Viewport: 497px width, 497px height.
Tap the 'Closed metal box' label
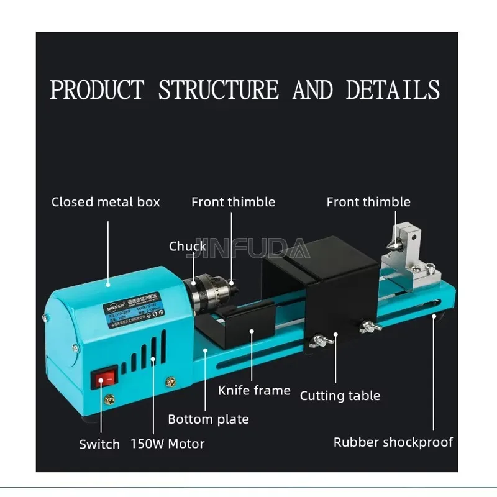(x=106, y=202)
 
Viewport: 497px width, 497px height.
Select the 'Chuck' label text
(x=187, y=247)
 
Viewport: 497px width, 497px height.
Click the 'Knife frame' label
(x=254, y=391)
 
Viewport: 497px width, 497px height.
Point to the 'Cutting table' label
(x=340, y=396)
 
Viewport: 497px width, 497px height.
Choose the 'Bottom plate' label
(x=208, y=419)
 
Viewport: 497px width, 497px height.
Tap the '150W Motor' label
(x=167, y=444)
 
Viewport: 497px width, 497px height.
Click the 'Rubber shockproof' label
(x=393, y=442)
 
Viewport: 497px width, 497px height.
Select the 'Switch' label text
(x=99, y=444)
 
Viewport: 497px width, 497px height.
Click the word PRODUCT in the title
(x=97, y=90)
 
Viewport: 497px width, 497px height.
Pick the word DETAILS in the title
(x=393, y=90)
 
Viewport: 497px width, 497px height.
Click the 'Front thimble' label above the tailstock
(x=368, y=202)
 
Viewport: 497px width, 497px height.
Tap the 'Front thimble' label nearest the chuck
(x=233, y=202)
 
